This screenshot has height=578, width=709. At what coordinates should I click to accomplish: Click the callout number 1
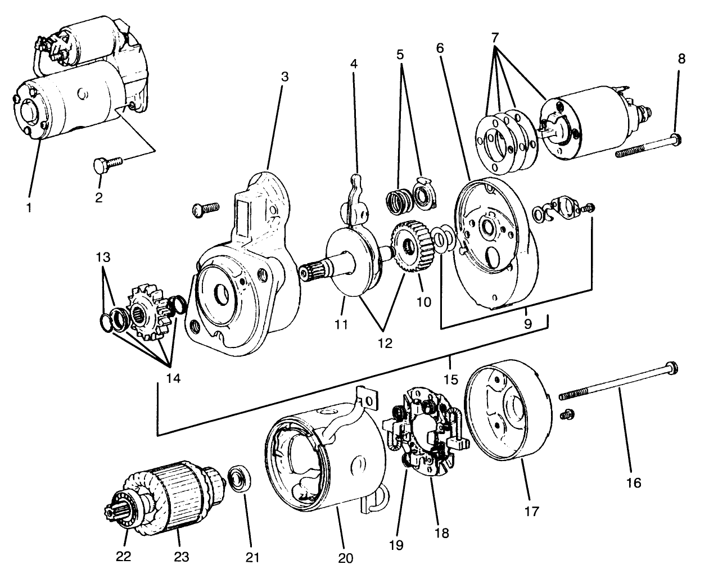(x=29, y=207)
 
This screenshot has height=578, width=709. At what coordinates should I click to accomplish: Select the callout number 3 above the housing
(x=284, y=76)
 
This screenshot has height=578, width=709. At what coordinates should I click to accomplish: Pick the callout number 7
(x=495, y=38)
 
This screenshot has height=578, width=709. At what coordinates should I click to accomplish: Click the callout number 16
(x=633, y=482)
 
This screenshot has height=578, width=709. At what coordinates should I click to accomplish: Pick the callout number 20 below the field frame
(x=345, y=558)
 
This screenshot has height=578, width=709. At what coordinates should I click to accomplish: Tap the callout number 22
(x=123, y=556)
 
